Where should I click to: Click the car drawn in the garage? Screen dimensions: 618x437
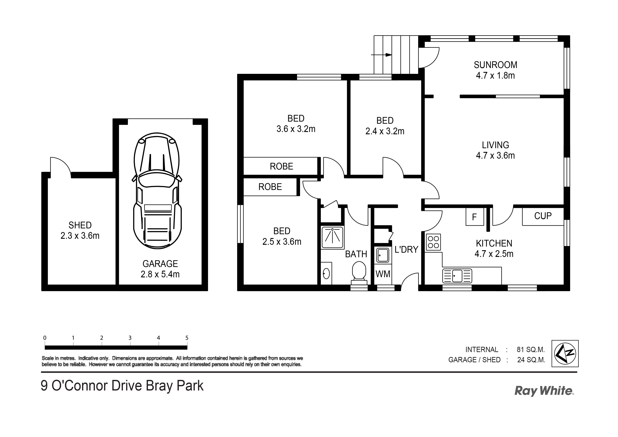(157, 191)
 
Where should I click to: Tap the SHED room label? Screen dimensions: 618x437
(80, 225)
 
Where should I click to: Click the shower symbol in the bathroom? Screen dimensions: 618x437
(332, 237)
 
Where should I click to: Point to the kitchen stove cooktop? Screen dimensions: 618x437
(433, 242)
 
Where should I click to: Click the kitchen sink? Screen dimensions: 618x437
(457, 276)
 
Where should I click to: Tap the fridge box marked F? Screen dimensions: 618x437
(475, 217)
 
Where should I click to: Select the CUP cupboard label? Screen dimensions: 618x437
(543, 216)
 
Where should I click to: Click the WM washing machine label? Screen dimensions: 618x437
(383, 274)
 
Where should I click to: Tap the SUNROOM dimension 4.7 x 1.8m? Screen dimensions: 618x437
(495, 76)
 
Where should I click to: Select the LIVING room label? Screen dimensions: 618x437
(495, 145)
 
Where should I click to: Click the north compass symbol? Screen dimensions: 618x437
(565, 353)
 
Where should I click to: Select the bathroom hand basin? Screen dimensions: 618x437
(326, 273)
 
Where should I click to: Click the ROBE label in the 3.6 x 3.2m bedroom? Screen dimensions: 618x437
(281, 166)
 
